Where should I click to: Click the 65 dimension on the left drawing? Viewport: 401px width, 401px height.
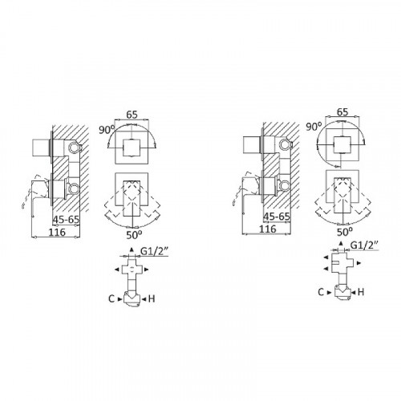coord(132,115)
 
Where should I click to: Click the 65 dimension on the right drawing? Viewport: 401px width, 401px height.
coord(342,111)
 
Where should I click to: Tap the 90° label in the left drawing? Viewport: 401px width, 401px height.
coord(107,130)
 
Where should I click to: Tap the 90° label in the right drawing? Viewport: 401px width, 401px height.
coord(314,127)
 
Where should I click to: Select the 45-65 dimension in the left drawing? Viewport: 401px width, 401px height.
coord(66,220)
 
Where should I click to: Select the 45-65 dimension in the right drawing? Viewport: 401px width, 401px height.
coord(277,217)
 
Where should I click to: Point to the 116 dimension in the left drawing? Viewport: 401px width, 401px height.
coord(57,232)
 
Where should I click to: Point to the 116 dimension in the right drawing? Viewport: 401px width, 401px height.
coord(268,229)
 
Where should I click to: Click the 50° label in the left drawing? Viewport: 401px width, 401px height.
coord(134,235)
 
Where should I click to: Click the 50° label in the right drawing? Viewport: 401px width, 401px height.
coord(345,232)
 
